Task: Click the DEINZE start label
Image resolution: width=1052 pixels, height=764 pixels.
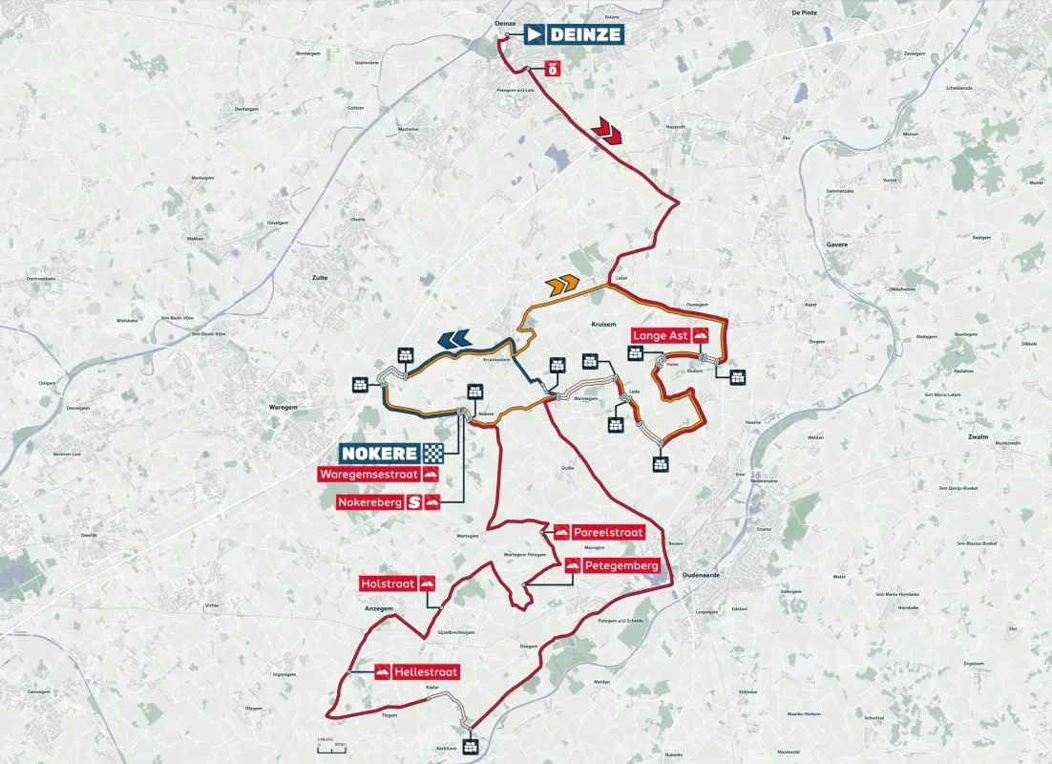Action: point(575,35)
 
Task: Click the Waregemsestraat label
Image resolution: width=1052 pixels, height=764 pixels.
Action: point(379,475)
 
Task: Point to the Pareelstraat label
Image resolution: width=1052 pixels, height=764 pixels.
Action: point(599,532)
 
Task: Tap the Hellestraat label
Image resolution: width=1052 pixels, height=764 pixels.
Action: point(416,672)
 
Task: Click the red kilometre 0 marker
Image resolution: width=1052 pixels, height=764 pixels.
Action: point(551,68)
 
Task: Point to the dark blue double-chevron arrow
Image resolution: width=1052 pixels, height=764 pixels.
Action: point(453,337)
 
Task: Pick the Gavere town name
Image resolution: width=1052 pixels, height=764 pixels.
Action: point(836,244)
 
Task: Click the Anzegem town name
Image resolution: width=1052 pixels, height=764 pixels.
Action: point(379,608)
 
